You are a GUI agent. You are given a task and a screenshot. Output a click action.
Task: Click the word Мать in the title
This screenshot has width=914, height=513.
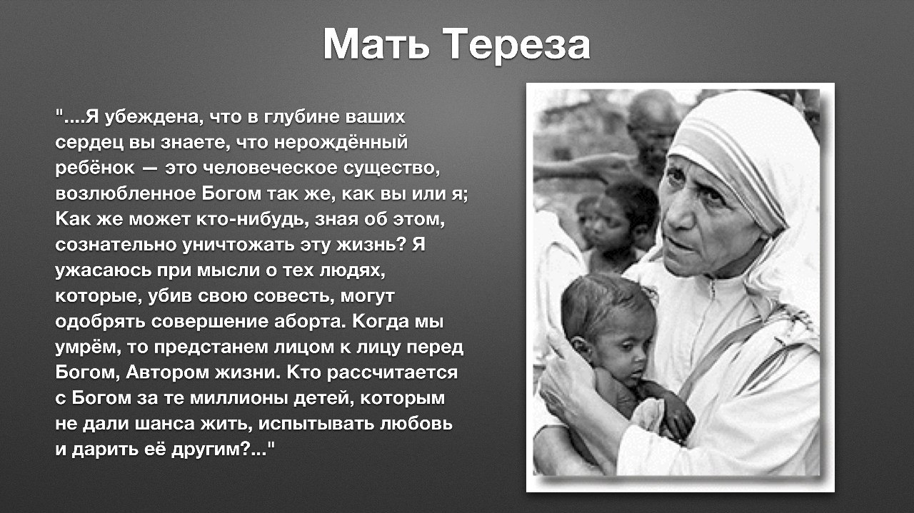(x=376, y=44)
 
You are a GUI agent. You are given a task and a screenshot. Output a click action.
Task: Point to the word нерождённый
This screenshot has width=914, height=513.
(x=341, y=142)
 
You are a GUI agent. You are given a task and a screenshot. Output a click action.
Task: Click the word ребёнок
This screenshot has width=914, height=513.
(x=95, y=168)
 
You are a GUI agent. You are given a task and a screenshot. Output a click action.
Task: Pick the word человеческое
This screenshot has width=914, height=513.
(x=270, y=168)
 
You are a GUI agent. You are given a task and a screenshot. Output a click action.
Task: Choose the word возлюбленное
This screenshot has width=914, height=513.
(x=126, y=193)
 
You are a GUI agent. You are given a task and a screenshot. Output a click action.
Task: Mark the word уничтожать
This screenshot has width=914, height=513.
(x=238, y=245)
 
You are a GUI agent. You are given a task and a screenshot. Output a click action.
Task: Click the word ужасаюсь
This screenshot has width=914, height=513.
(x=104, y=271)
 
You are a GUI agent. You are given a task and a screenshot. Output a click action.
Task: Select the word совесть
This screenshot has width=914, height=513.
(x=291, y=296)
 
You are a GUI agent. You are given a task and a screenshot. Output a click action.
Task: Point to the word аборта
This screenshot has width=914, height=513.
(x=309, y=322)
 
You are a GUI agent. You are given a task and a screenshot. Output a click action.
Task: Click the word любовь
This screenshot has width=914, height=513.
(x=416, y=424)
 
